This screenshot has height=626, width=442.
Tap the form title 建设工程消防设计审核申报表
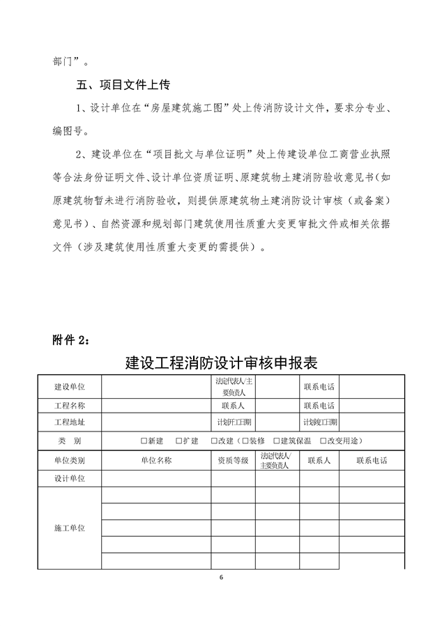pos(221,363)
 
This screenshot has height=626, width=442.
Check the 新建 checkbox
pos(144,441)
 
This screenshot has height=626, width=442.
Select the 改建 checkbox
pos(214,441)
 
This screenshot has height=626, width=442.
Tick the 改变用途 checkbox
pos(322,441)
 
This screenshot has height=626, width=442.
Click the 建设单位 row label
pos(70,386)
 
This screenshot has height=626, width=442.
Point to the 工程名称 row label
pos(70,405)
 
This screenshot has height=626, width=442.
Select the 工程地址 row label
pos(70,422)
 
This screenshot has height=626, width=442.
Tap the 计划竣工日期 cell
pos(319,422)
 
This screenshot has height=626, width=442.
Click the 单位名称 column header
pos(156,461)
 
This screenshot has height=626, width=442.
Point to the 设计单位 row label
pos(70,478)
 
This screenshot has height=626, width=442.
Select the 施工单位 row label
pos(70,528)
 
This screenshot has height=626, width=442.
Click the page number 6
pos(221,578)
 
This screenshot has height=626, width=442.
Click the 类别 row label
pos(70,441)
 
